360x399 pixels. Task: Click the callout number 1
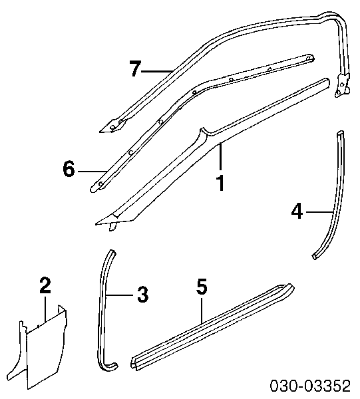[220, 183]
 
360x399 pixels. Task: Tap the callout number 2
[45, 285]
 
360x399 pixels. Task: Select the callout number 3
[142, 295]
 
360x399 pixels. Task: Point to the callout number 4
[297, 211]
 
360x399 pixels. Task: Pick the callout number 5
[202, 287]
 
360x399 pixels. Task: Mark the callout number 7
[135, 68]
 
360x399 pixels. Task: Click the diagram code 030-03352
[310, 386]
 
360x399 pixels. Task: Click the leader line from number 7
[157, 72]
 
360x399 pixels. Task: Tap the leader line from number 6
[92, 172]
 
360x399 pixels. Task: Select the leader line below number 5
[202, 311]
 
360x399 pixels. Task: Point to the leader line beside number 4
[319, 211]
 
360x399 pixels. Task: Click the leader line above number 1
[220, 157]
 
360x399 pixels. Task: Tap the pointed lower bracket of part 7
[112, 126]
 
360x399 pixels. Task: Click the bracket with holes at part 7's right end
[341, 86]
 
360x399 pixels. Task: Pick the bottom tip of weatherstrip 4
[315, 257]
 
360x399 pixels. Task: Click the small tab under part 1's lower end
[112, 225]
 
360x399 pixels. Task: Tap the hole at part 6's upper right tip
[309, 59]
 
